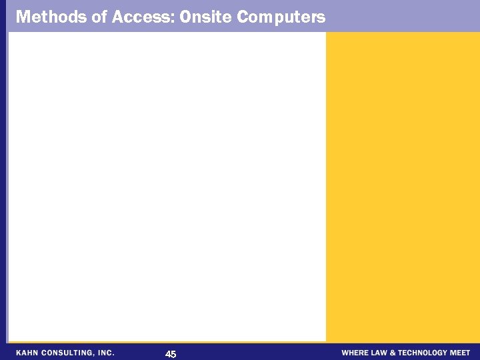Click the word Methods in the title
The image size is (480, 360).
tap(51, 17)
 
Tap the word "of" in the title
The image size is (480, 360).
tap(101, 17)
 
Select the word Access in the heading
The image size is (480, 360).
tap(143, 17)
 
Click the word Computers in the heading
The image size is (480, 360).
tap(281, 17)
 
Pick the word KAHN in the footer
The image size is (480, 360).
tap(29, 353)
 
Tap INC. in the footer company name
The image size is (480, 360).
tap(105, 353)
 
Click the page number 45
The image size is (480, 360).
tap(171, 354)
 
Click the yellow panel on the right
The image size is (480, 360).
tap(403, 187)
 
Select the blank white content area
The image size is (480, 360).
tap(167, 187)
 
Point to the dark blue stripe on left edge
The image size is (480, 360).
tap(3, 187)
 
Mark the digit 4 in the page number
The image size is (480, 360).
tap(167, 354)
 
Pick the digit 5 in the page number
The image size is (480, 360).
tap(173, 354)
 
